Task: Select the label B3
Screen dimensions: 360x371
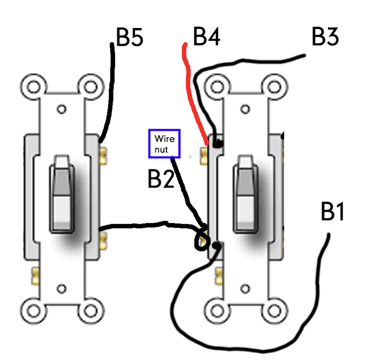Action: [x=325, y=37]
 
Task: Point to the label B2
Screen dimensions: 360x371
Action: [x=161, y=179]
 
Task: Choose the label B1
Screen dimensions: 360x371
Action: [x=332, y=211]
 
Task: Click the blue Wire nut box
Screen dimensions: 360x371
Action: [x=164, y=143]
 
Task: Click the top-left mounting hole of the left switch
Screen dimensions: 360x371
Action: [x=34, y=86]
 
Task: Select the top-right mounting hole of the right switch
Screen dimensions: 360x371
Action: [x=275, y=86]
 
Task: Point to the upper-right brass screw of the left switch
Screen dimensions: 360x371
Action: [x=104, y=156]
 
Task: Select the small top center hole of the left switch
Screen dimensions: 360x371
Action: [x=62, y=109]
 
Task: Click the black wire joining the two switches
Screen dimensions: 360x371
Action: [x=150, y=225]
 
